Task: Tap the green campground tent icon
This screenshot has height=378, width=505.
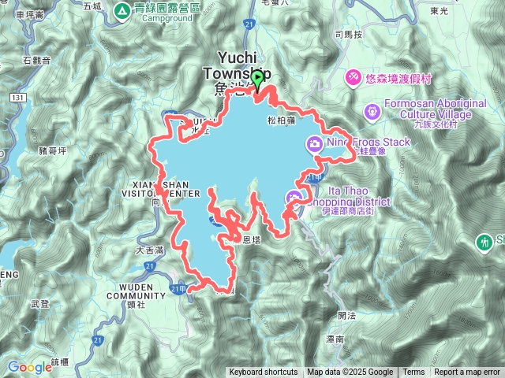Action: pyautogui.click(x=122, y=10)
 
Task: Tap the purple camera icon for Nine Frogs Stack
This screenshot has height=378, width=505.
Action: pyautogui.click(x=314, y=143)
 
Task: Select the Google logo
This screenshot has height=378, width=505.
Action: pyautogui.click(x=29, y=367)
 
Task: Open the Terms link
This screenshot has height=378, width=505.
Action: pyautogui.click(x=413, y=372)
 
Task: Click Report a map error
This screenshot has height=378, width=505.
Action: pyautogui.click(x=467, y=372)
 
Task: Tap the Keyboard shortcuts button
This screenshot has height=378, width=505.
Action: pyautogui.click(x=264, y=372)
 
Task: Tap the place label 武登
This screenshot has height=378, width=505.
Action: pyautogui.click(x=39, y=303)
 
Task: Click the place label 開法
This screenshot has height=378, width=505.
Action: pyautogui.click(x=346, y=314)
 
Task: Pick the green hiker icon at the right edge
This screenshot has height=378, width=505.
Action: pyautogui.click(x=484, y=241)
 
